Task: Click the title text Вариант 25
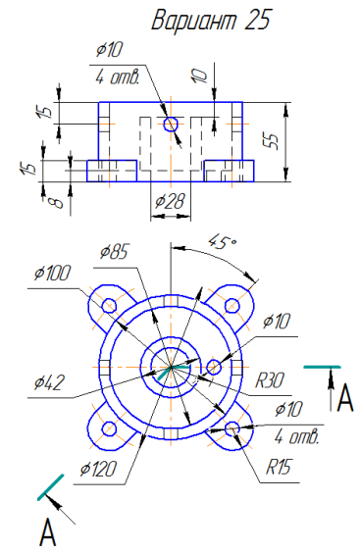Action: point(212,20)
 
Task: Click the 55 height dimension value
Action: point(273,141)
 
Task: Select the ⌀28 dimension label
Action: point(170,201)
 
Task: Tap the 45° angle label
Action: point(223,242)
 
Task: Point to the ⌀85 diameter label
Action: point(114,252)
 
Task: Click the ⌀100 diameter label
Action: point(52,273)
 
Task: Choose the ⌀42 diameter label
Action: point(49,382)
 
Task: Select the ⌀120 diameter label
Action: point(98,470)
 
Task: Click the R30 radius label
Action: point(270,380)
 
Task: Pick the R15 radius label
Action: point(278,467)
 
